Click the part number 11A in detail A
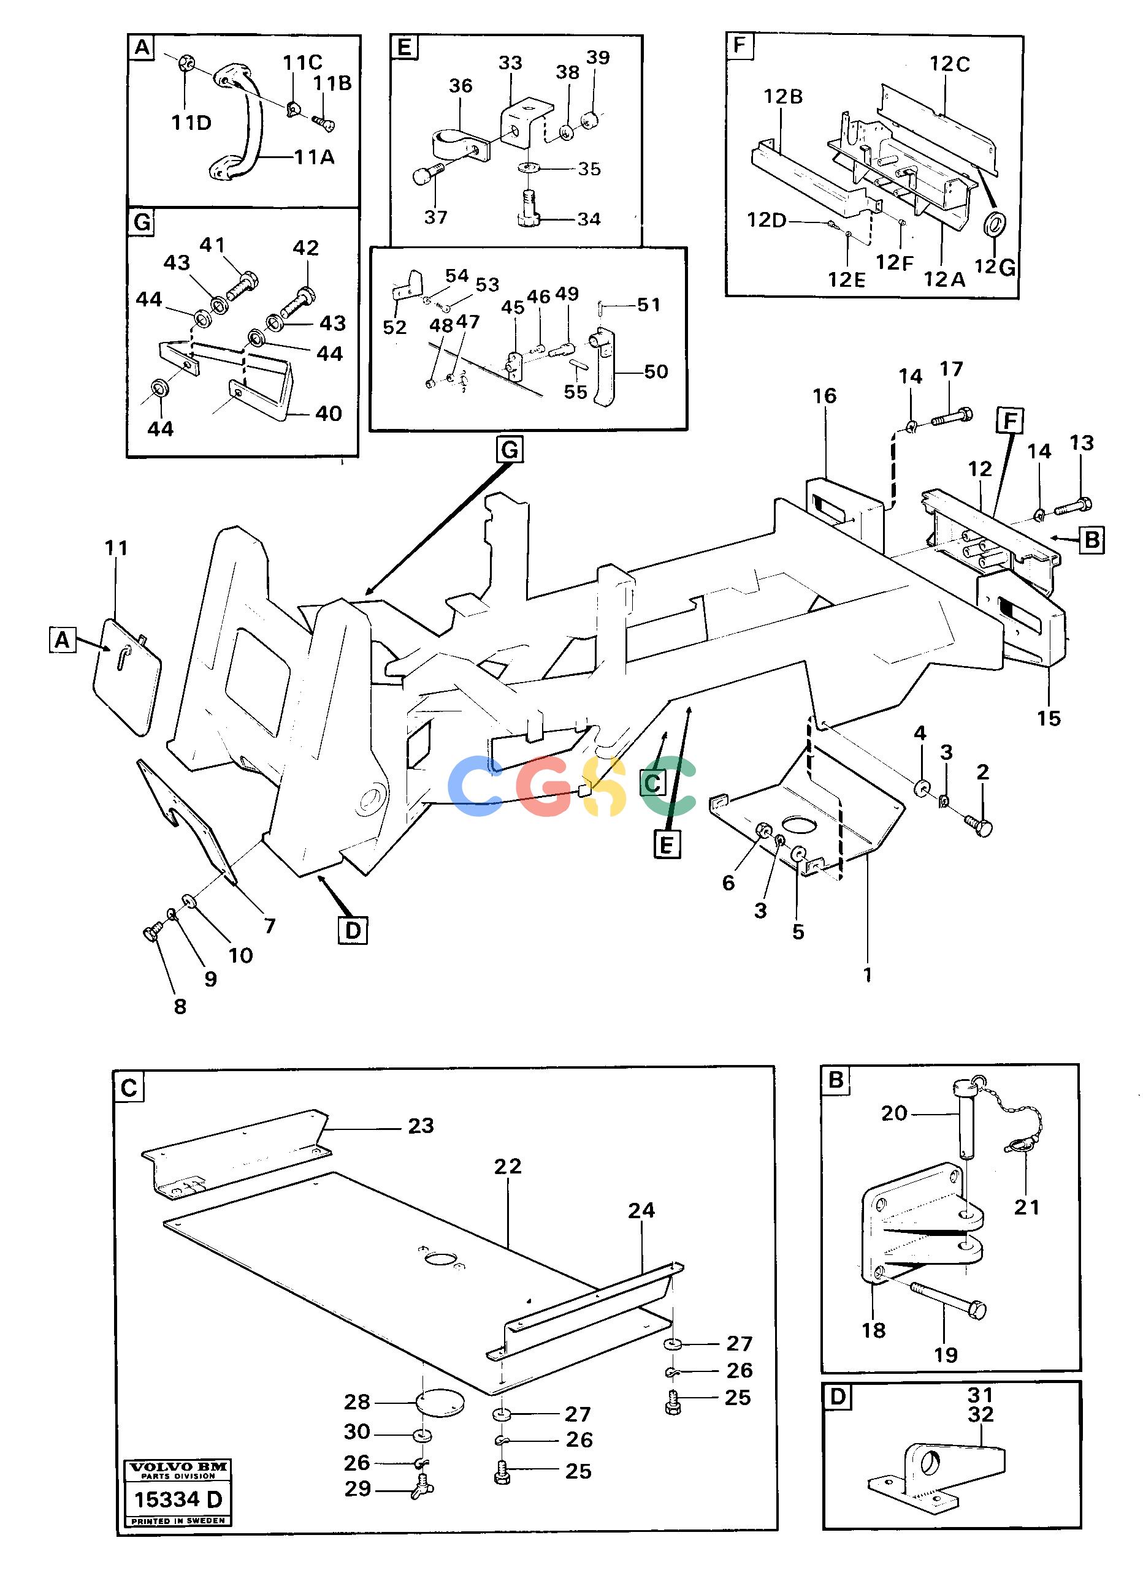314,157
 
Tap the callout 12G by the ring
995,267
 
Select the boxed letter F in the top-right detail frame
740,46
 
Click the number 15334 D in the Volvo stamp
178,1500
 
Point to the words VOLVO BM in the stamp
178,1466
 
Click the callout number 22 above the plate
507,1166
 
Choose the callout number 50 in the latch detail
656,372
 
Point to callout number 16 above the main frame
825,396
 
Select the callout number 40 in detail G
328,414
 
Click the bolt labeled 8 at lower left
153,931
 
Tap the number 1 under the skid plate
867,975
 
